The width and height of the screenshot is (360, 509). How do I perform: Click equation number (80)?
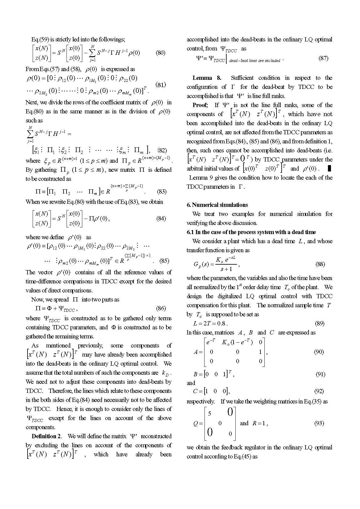pos(160,53)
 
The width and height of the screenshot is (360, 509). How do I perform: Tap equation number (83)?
pos(162,191)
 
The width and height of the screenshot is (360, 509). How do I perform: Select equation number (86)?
pos(161,308)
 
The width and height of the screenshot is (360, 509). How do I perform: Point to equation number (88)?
pos(320,264)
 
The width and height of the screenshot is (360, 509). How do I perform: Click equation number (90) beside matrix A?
pos(319,352)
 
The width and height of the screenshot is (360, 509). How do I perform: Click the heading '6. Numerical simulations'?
pos(217,205)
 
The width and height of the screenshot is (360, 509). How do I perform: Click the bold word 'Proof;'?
pos(200,105)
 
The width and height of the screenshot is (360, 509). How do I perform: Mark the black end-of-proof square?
pos(329,168)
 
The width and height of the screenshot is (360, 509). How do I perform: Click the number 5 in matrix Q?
pos(210,413)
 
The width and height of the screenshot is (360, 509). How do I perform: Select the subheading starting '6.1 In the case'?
pos(251,232)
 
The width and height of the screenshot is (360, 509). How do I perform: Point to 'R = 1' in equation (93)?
pos(259,423)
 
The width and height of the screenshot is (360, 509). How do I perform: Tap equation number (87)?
pos(323,58)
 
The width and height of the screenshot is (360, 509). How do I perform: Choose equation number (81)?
pos(160,84)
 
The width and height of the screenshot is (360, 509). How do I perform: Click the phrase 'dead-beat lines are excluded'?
pos(254,60)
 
